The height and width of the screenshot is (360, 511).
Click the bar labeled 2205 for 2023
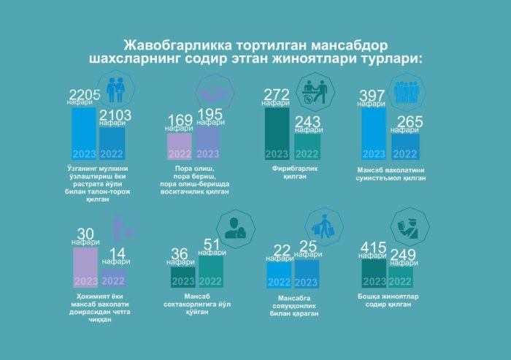(83, 134)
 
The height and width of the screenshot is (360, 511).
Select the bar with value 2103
(112, 144)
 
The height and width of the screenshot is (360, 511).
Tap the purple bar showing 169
(180, 146)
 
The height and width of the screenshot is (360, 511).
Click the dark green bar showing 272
(277, 134)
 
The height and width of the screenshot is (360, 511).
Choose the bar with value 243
(307, 146)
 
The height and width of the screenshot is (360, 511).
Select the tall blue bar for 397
(374, 134)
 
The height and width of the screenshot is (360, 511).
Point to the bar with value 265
(405, 146)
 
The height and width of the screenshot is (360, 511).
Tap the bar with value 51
(212, 271)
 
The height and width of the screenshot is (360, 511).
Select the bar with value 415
(374, 273)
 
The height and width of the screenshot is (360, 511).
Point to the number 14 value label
(116, 253)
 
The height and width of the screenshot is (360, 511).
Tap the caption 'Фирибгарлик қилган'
(290, 172)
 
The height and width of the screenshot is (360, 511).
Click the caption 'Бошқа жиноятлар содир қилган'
(387, 299)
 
